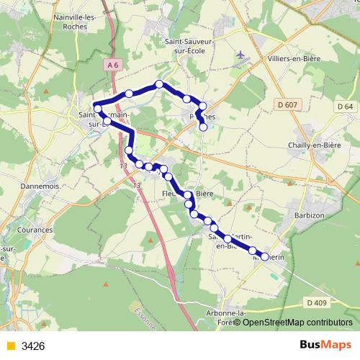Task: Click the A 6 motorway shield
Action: coord(112,66)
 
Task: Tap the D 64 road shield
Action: coord(346,107)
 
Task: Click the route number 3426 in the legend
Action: coord(33,346)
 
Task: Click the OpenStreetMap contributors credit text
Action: coord(297,322)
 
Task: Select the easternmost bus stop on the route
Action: coord(265,257)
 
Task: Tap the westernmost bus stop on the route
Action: coord(97,109)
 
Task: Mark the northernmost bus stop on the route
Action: coord(159,84)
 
